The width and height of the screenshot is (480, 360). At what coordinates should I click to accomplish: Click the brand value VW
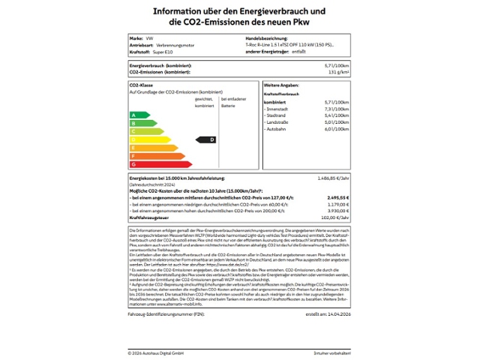tap(148, 37)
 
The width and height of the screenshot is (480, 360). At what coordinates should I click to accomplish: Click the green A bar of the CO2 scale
tap(139, 115)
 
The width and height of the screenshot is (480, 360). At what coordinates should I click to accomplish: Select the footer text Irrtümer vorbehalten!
tap(332, 352)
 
